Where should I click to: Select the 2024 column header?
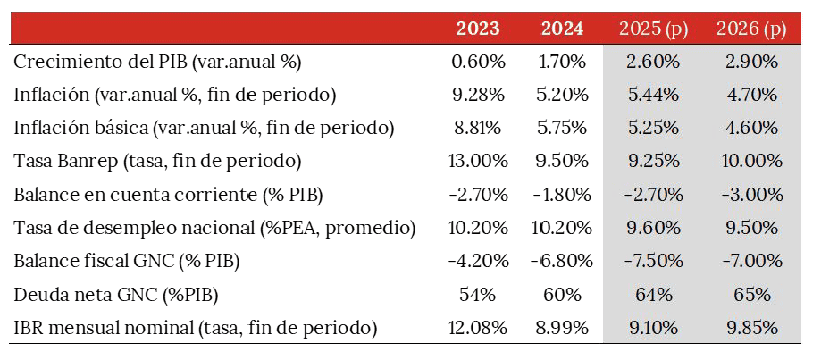562,29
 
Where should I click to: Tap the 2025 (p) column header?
653,29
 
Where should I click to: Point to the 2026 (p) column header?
750,29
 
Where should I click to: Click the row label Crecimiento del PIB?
158,63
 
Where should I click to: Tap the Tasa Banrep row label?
158,162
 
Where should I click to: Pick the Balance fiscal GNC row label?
128,261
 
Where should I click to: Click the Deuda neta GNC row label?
117,294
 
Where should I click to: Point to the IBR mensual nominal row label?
196,328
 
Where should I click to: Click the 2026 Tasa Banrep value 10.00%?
750,162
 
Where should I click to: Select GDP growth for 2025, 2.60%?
653,63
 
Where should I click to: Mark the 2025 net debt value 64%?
653,294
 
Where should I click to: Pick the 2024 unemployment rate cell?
562,228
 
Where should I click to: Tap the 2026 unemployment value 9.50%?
750,228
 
